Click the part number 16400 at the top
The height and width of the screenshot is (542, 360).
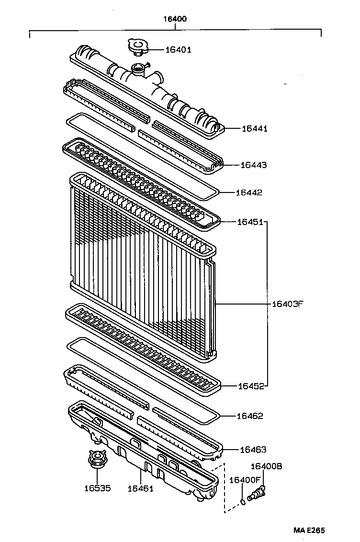pos(175,19)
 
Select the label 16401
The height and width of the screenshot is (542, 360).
pos(178,49)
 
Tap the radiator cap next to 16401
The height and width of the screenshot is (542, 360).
pos(138,46)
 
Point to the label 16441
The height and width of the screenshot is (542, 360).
pos(254,128)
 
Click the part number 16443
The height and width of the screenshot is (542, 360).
pos(253,165)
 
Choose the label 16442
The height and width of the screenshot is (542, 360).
pos(249,192)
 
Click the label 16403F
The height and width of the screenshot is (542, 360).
pos(288,304)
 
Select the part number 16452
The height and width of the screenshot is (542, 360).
pos(250,386)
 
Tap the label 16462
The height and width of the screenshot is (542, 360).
pos(249,416)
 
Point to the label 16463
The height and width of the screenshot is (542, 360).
pos(253,449)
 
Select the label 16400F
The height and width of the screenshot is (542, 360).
pos(245,480)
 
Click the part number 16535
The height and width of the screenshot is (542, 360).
pos(97,488)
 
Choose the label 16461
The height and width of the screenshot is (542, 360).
pos(140,488)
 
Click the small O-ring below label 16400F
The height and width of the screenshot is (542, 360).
pos(243,502)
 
